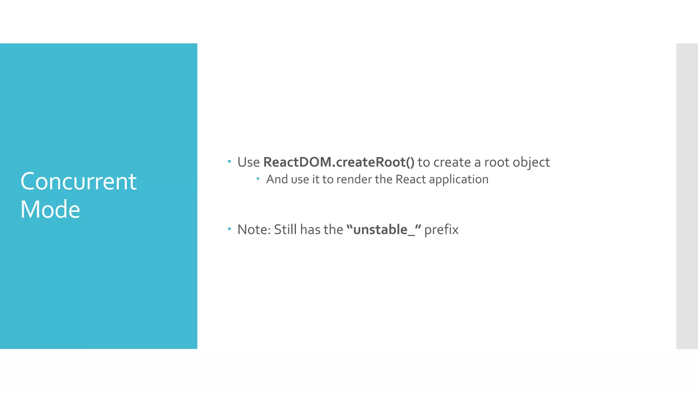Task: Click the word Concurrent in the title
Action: pyautogui.click(x=78, y=181)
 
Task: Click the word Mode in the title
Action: pyautogui.click(x=50, y=209)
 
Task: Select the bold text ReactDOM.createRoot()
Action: pyautogui.click(x=339, y=162)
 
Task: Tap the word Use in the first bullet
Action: pyautogui.click(x=248, y=162)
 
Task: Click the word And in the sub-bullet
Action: pyautogui.click(x=277, y=179)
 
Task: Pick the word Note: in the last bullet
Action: pyautogui.click(x=254, y=230)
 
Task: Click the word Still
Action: pyautogui.click(x=286, y=230)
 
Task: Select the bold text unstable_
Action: pyautogui.click(x=384, y=230)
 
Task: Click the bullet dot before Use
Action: pyautogui.click(x=229, y=161)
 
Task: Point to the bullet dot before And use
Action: pyautogui.click(x=258, y=178)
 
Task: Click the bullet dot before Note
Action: pyautogui.click(x=229, y=229)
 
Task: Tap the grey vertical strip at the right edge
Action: pyautogui.click(x=687, y=196)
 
